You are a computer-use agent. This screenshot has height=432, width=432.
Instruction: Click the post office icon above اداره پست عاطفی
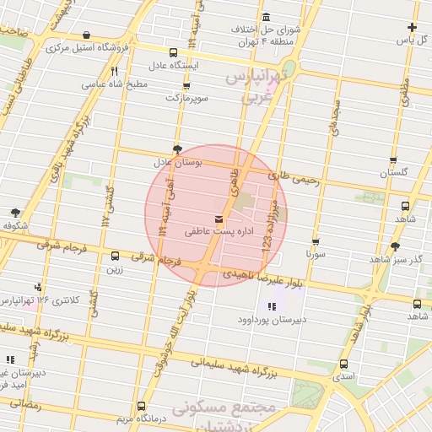tap(208, 219)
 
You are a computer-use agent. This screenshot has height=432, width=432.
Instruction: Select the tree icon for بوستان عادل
tap(176, 148)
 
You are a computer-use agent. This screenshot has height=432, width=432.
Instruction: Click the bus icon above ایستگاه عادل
tap(173, 52)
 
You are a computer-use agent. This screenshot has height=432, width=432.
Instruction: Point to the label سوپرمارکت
tap(184, 98)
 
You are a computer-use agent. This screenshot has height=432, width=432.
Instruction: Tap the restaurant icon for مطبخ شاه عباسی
tap(114, 72)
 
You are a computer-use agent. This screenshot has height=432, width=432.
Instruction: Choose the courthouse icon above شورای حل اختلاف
tap(267, 18)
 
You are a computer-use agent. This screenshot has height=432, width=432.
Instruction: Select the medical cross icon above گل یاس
tap(412, 27)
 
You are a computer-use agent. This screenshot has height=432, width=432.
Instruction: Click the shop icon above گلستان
tap(393, 159)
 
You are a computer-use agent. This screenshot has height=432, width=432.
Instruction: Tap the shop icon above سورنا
tap(316, 241)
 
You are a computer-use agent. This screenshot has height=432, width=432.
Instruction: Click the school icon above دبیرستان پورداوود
tap(271, 306)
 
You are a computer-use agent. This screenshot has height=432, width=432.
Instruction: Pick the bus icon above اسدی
tap(343, 364)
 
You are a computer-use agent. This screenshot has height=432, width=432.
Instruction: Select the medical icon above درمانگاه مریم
tap(140, 406)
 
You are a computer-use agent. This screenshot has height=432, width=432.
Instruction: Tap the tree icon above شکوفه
tap(15, 213)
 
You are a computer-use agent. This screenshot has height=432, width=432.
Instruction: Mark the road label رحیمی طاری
tap(294, 179)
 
